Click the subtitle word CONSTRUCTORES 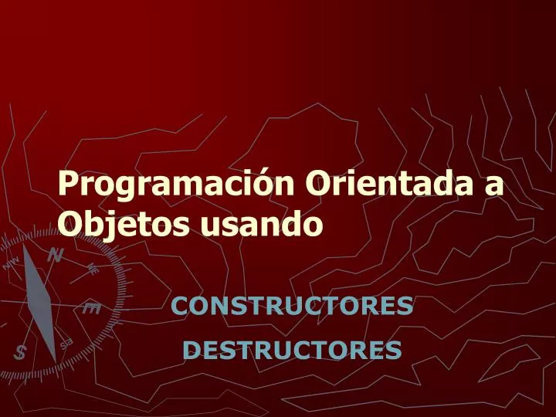(x=292, y=307)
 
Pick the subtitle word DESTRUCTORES (x=292, y=351)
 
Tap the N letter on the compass (x=56, y=255)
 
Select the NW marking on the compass (x=11, y=263)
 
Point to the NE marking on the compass (x=92, y=270)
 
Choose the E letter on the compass (x=91, y=309)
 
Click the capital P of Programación (x=69, y=185)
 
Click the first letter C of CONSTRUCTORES (x=179, y=307)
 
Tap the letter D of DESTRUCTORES (x=191, y=351)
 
